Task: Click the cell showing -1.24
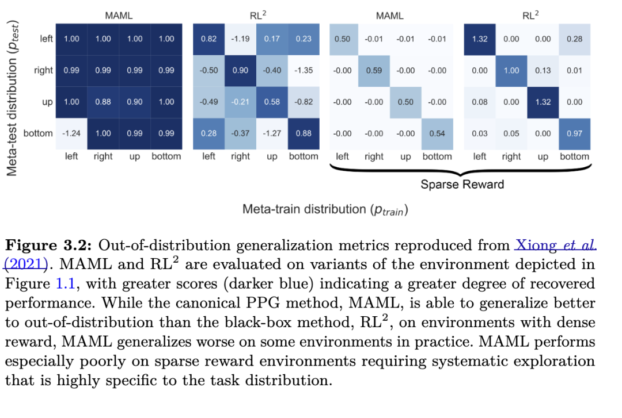[x=71, y=133]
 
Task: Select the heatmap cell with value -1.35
[x=303, y=70]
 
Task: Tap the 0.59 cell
[x=374, y=70]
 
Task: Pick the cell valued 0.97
[x=574, y=133]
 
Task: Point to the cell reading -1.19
[x=240, y=39]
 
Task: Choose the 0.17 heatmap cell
[x=272, y=39]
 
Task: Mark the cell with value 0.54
[x=437, y=133]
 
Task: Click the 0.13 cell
[x=543, y=70]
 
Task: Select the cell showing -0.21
[x=240, y=102]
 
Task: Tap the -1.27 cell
[x=272, y=133]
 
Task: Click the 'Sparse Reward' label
[x=462, y=185]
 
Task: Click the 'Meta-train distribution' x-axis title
[x=325, y=210]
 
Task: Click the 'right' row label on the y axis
[x=43, y=70]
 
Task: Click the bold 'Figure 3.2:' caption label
[x=48, y=246]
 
